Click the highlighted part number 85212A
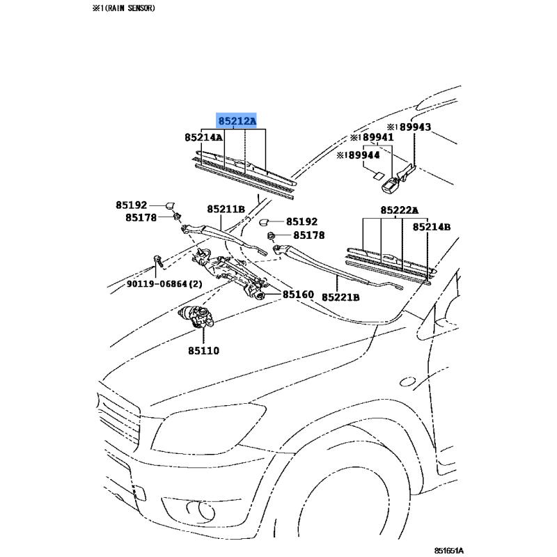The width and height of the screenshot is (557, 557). (x=237, y=122)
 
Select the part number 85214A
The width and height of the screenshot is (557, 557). (x=203, y=138)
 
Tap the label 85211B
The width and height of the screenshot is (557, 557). (x=226, y=209)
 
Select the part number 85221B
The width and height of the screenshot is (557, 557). (x=340, y=297)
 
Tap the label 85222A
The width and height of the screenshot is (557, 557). (x=399, y=210)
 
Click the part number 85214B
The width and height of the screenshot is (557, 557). (x=432, y=227)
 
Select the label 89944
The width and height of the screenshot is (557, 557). (x=361, y=156)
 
